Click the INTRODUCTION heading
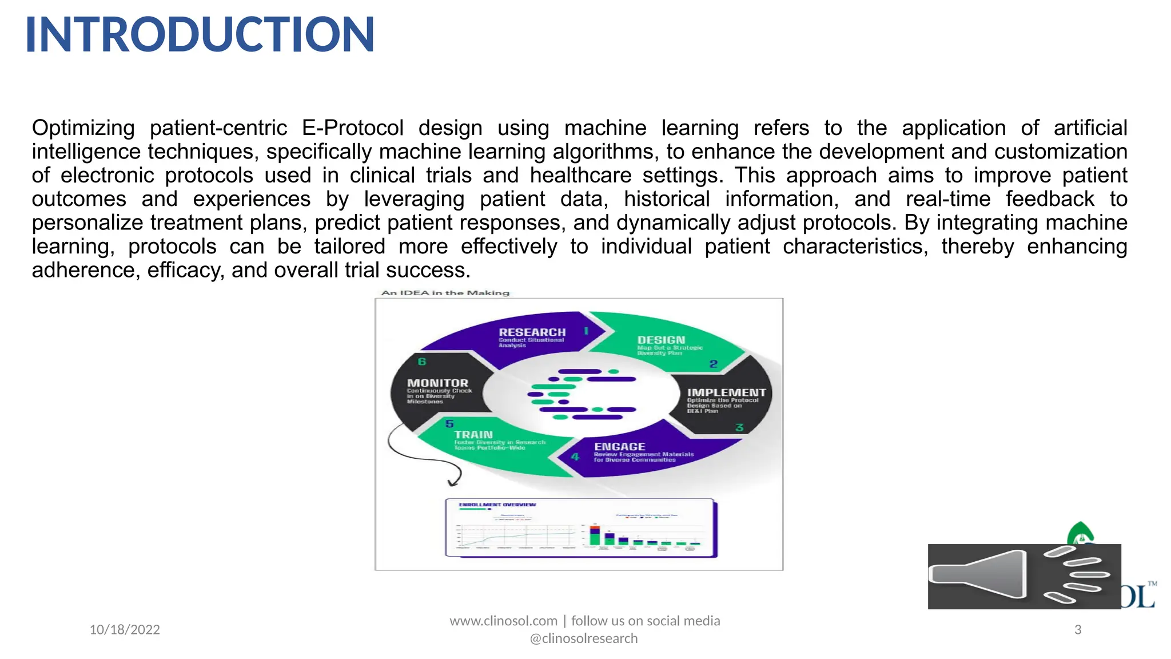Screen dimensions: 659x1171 point(200,34)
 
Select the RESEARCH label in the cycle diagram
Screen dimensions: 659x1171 point(532,332)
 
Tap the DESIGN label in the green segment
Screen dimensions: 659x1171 point(661,340)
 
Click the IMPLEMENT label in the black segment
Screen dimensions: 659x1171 point(726,392)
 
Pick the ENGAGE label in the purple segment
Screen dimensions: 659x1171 point(619,446)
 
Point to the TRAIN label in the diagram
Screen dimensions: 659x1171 point(473,435)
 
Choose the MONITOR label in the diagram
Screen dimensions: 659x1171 point(437,383)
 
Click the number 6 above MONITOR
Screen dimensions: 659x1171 point(422,362)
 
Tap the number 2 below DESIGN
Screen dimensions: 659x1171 point(713,364)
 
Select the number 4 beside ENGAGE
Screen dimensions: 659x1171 point(575,456)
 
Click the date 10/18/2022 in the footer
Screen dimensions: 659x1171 point(125,630)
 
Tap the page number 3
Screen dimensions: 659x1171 point(1078,630)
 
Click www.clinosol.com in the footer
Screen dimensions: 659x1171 point(503,621)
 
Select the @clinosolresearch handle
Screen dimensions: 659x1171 point(584,638)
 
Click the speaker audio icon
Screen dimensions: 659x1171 point(1023,576)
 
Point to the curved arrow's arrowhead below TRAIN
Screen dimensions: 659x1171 point(453,483)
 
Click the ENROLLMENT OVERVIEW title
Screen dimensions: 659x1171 point(497,505)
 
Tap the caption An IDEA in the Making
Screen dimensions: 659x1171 point(445,293)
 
